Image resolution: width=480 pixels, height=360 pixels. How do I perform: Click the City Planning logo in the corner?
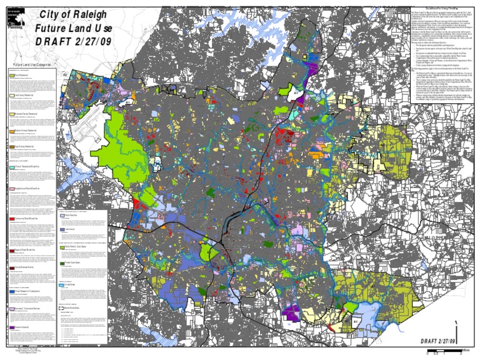13,18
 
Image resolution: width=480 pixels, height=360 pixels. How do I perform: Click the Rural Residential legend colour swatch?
12,75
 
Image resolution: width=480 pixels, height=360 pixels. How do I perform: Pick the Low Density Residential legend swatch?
12,96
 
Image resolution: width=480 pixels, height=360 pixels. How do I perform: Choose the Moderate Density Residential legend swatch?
12,115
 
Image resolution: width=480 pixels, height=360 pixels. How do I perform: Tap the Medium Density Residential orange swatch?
12,131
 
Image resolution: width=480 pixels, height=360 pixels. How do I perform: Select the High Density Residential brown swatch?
12,147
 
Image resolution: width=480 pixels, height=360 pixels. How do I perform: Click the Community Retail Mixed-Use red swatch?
12,219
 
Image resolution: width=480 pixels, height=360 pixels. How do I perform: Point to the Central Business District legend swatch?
12,267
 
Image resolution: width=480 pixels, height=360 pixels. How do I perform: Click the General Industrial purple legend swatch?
12,327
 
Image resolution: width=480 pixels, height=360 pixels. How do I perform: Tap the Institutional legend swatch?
62,230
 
